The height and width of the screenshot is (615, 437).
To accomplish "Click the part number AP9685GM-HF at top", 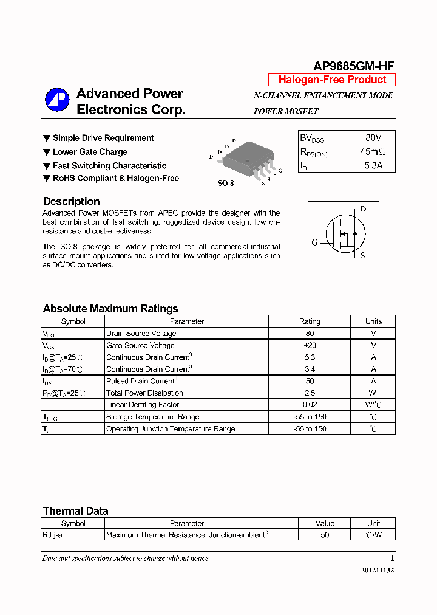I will point(354,67).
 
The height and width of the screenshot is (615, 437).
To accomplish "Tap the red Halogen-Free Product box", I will point(332,80).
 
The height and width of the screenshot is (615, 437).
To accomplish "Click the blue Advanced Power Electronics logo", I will point(57,100).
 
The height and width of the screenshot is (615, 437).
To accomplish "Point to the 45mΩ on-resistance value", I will point(372,152).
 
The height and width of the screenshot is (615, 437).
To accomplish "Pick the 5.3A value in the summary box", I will point(373,165).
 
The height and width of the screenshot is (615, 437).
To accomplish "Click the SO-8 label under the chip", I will point(226,183).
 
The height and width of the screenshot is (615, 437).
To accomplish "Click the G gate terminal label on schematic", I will point(314,242).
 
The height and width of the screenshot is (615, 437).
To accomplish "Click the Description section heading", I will point(72,201).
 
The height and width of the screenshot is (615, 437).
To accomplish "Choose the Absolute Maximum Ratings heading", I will point(110,309).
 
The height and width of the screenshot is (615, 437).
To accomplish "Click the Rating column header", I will point(310,321).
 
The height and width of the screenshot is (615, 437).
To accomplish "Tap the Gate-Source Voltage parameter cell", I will point(140,345).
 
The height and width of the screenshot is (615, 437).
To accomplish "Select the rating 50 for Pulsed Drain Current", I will point(310,381).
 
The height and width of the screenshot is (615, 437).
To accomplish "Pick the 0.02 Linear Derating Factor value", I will point(310,405).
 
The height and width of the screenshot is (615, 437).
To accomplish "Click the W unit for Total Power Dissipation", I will point(373,393).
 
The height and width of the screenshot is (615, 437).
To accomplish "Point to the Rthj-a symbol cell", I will point(52,535).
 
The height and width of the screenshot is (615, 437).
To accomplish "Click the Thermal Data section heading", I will point(76,511).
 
